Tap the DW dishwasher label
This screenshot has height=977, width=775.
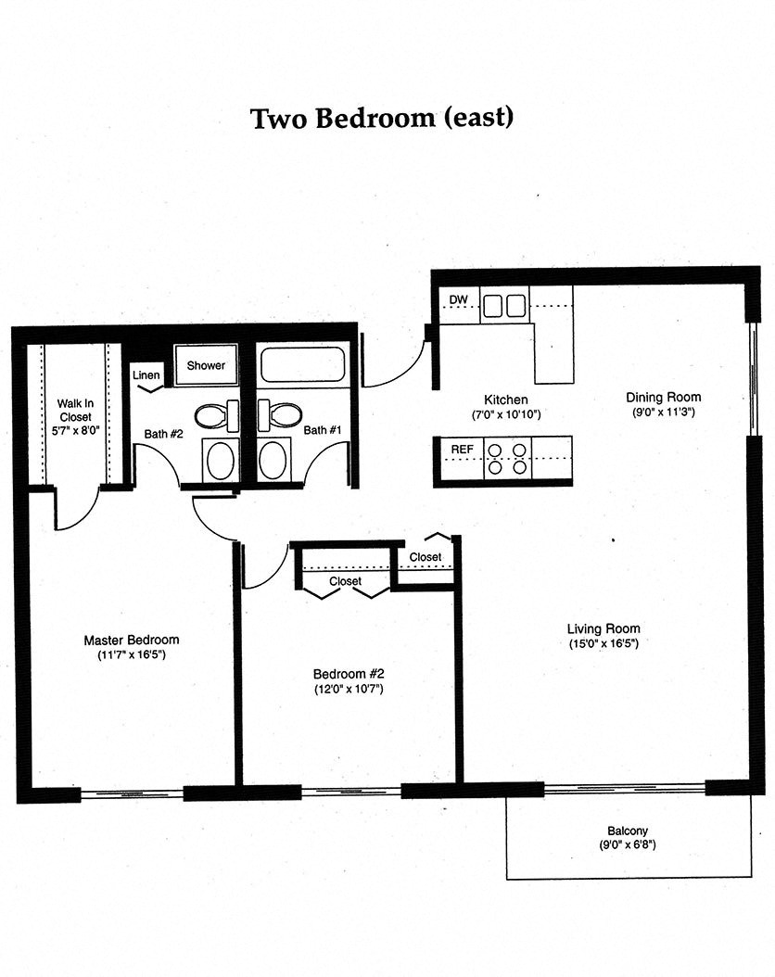[x=457, y=300]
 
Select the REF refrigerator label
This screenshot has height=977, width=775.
[x=461, y=450]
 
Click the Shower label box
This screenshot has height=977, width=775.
[x=206, y=365]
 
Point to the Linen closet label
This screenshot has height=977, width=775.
[x=146, y=374]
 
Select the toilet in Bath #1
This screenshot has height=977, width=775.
[x=279, y=413]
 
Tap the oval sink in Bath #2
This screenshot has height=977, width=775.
[x=221, y=460]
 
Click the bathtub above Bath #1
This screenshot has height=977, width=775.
[x=301, y=364]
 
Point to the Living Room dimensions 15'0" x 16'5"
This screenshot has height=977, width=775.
[x=603, y=643]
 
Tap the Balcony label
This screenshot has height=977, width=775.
[x=628, y=831]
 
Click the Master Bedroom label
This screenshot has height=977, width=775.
[x=131, y=640]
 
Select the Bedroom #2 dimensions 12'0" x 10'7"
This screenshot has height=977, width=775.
[x=348, y=689]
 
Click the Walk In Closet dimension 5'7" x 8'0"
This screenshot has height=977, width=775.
[x=75, y=430]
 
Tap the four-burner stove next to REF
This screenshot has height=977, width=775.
[x=508, y=459]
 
